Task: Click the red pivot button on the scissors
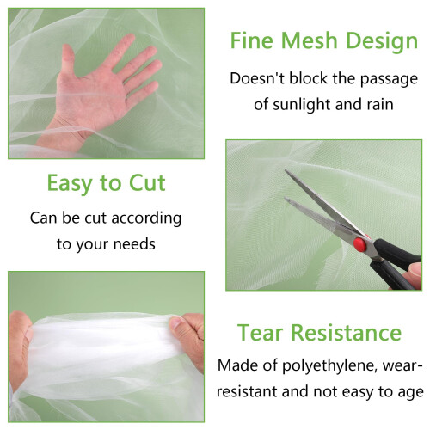pyautogui.click(x=359, y=244)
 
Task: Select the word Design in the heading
pyautogui.click(x=382, y=42)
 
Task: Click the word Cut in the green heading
pyautogui.click(x=147, y=182)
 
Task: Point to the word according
pyautogui.click(x=146, y=218)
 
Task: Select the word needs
pyautogui.click(x=134, y=244)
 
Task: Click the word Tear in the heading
pyautogui.click(x=260, y=333)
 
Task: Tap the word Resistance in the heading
pyautogui.click(x=347, y=333)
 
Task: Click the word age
pyautogui.click(x=410, y=393)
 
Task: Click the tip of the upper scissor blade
pyautogui.click(x=286, y=171)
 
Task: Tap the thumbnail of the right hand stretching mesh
pyautogui.click(x=175, y=323)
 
